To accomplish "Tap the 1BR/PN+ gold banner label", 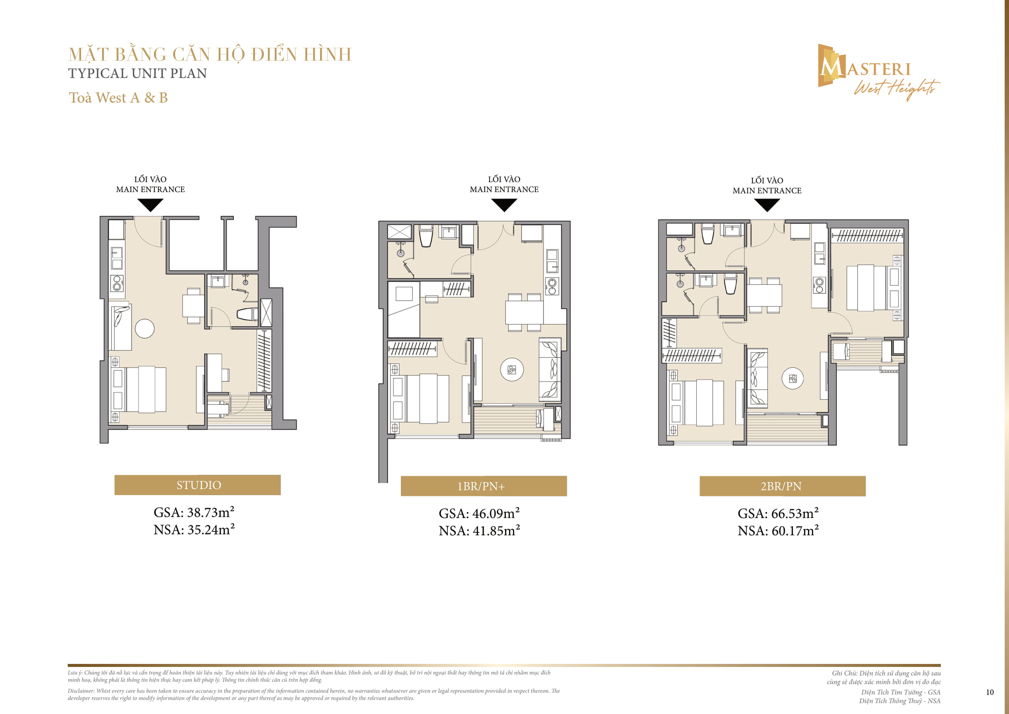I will tap(484, 486).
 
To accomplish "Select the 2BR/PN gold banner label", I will tap(782, 486).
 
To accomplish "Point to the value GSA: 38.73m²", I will tap(194, 512).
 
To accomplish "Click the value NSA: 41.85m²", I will tap(479, 531).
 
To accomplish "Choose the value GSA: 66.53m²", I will tap(778, 513).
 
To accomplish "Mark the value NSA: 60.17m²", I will tap(778, 531).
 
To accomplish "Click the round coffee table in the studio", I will tap(145, 328).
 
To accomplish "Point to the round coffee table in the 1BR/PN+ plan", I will tap(512, 370).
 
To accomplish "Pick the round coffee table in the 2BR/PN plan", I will tap(793, 378).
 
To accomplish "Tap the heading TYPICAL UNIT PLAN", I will tap(138, 73).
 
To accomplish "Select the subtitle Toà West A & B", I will tap(118, 98).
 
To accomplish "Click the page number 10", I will tap(989, 692).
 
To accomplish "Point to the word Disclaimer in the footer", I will tap(80, 691).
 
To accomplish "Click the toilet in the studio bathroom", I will tap(247, 314).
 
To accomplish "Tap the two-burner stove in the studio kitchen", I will tap(117, 284).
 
